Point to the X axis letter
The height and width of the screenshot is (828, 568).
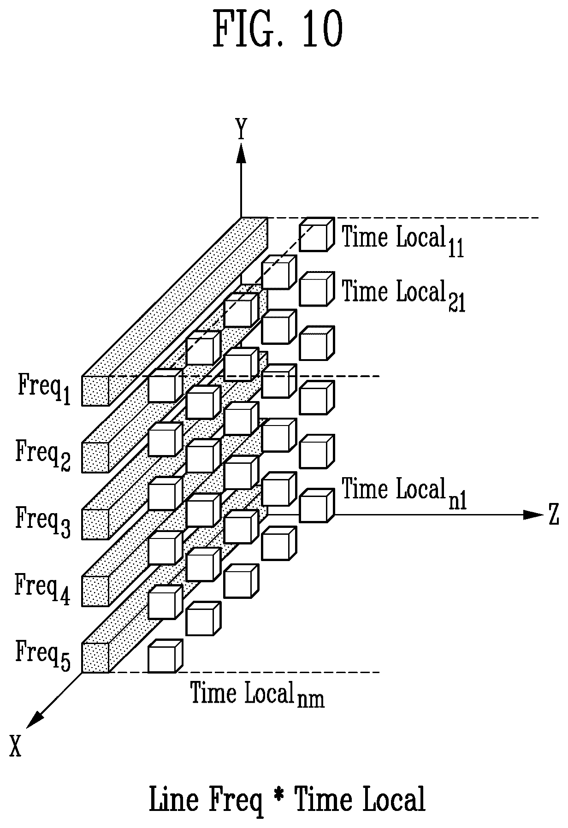point(16,745)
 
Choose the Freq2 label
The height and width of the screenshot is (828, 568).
point(43,454)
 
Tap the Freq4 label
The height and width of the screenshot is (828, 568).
point(43,587)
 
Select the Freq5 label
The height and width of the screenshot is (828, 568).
point(43,654)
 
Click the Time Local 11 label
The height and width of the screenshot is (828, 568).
point(402,240)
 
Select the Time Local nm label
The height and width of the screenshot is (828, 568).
point(258,694)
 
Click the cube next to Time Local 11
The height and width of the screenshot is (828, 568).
point(316,235)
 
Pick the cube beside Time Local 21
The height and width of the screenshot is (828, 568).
point(316,289)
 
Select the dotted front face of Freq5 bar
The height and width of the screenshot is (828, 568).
point(95,658)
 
